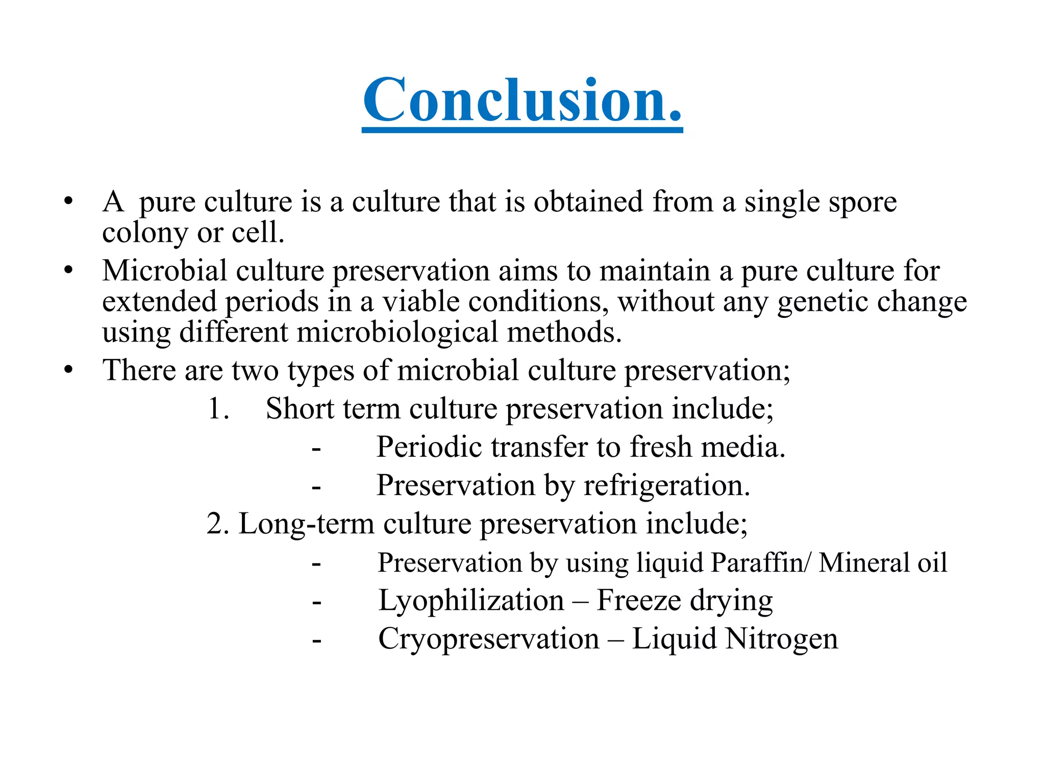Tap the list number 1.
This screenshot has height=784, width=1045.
[x=218, y=409]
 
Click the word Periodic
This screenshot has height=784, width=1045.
[x=430, y=447]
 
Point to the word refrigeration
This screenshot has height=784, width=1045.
[x=666, y=485]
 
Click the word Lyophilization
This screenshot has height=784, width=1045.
[x=471, y=601]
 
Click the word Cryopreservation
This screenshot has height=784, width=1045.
[x=488, y=639]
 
